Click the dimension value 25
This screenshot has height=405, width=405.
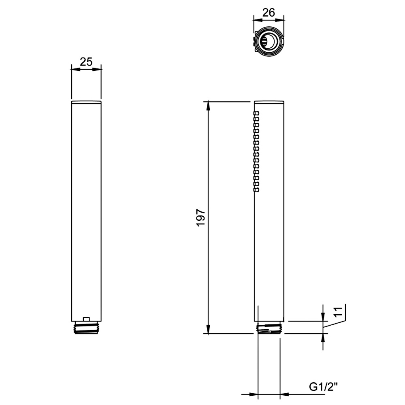(86, 62)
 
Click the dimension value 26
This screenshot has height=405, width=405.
(269, 13)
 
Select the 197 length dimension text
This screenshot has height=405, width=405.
(201, 217)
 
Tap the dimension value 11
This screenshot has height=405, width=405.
(338, 311)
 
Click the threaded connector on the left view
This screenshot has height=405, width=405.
(86, 328)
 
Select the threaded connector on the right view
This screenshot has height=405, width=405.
(269, 328)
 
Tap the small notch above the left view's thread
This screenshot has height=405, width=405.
(86, 319)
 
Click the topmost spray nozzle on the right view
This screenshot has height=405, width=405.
(256, 113)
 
